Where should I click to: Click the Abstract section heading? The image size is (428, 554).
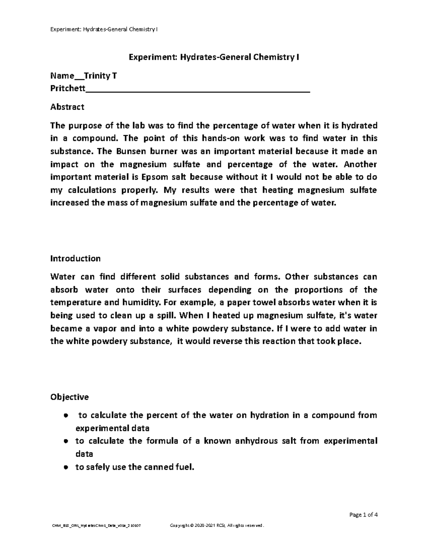67,107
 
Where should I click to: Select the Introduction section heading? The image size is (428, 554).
75,258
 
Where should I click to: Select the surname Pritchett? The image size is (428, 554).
68,88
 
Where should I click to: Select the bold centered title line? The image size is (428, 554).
214,57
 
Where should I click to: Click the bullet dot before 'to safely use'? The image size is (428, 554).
66,467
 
